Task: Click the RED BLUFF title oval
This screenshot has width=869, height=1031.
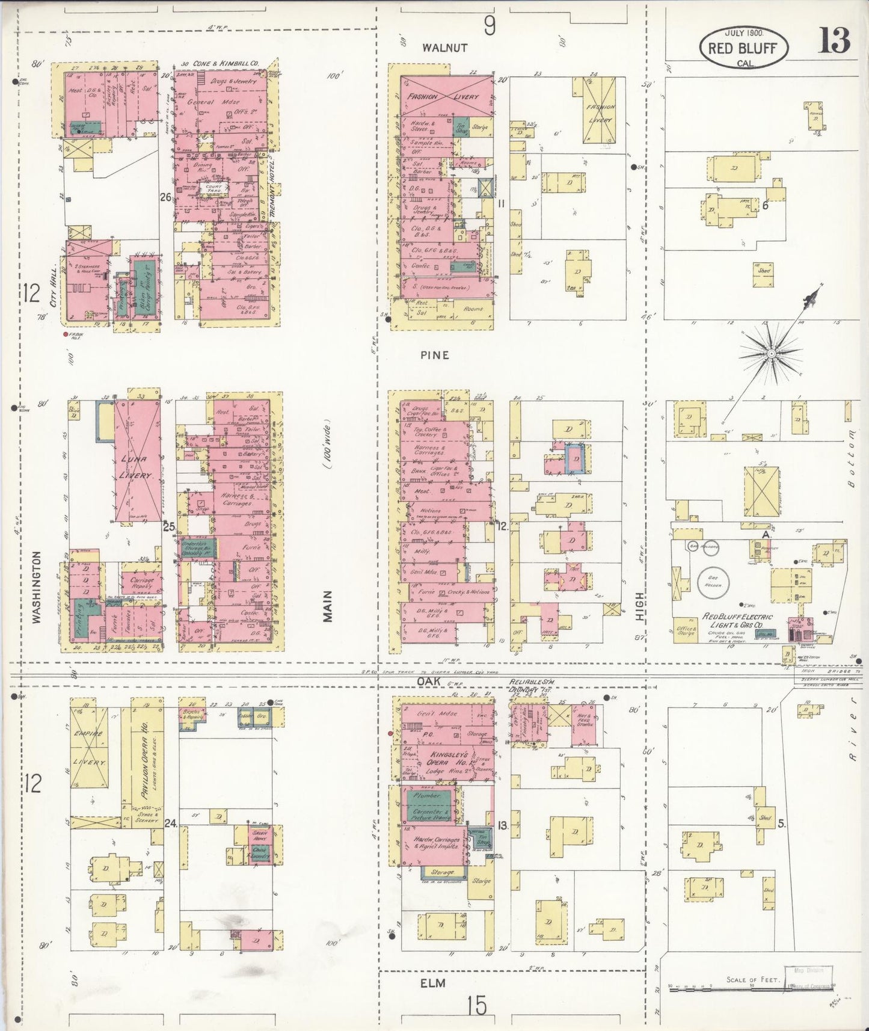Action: (x=743, y=47)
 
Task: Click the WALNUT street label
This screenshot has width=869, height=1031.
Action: (x=444, y=48)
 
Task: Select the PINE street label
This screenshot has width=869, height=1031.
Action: (x=435, y=355)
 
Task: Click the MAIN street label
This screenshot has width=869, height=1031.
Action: (x=327, y=605)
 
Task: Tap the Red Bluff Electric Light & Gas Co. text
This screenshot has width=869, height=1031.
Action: (x=738, y=621)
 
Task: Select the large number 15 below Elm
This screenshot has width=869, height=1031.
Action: (x=477, y=1005)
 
